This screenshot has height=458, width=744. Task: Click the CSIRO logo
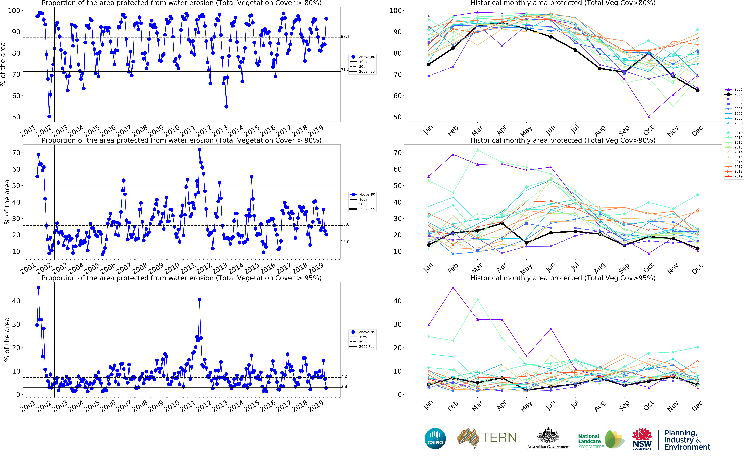tap(435, 439)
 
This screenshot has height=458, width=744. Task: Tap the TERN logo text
tap(499, 438)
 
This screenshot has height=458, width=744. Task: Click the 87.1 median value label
tap(345, 37)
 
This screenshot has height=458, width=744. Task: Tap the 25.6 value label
tap(345, 224)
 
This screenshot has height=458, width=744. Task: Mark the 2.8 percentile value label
tap(344, 387)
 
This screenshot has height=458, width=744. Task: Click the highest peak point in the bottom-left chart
tap(38, 287)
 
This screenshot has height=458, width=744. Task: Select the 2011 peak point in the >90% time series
tap(199, 150)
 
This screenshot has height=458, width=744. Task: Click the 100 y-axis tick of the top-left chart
tap(14, 11)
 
